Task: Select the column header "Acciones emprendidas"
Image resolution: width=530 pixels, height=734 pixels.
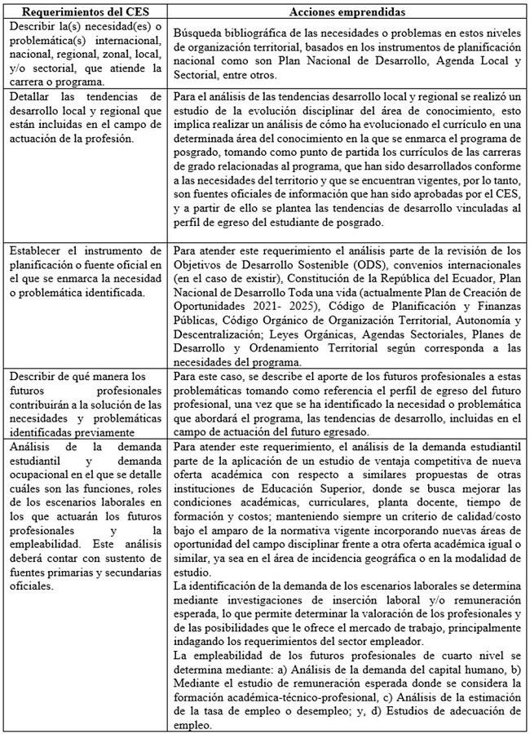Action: pos(347,11)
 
